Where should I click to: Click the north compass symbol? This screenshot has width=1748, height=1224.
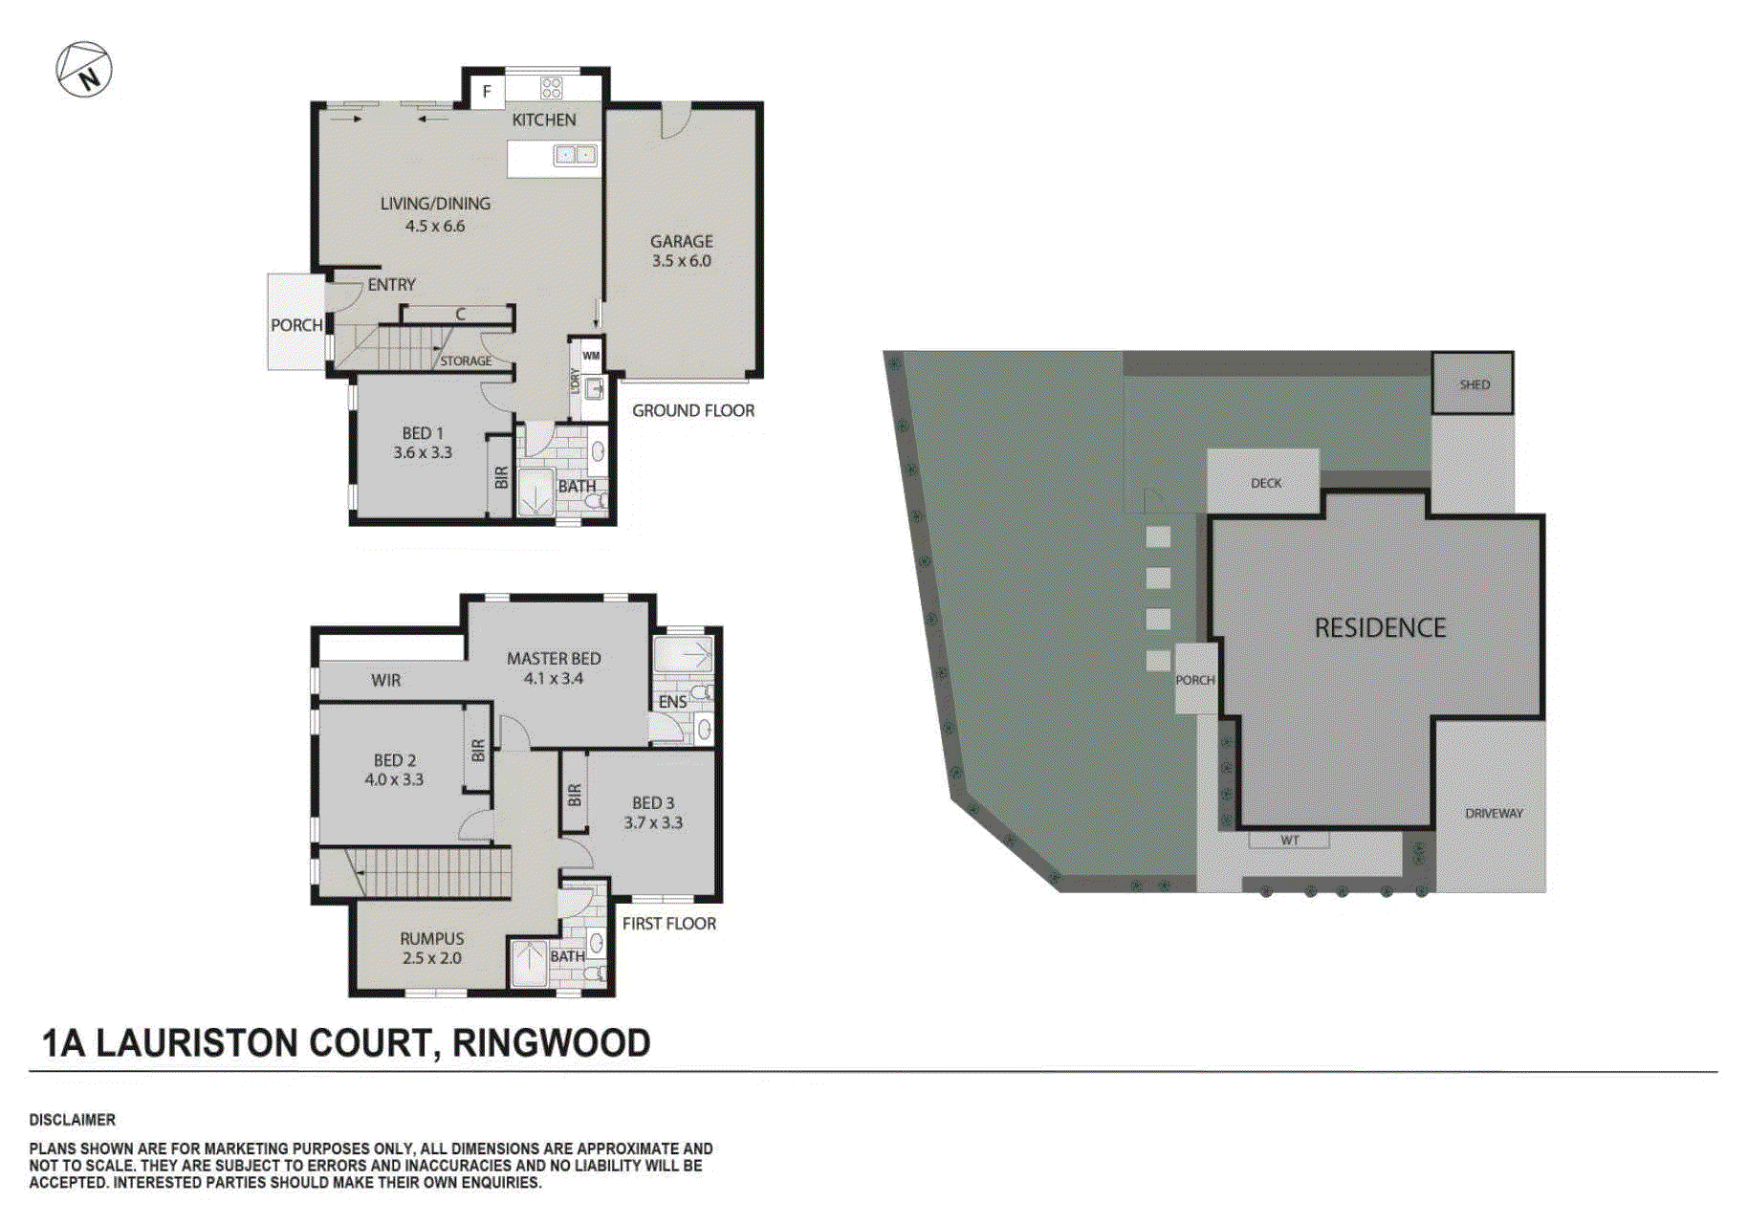84,70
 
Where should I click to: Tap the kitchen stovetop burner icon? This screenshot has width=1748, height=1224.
551,88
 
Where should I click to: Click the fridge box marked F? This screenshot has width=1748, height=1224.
487,92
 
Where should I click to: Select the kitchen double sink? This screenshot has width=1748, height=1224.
577,155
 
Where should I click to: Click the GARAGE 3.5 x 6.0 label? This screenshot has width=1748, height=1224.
681,251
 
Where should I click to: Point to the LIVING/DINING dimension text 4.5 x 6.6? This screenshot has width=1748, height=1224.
435,227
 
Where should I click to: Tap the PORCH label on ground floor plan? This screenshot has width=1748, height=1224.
296,325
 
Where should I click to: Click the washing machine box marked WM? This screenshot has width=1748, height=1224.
591,356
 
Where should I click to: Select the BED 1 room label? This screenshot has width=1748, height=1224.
423,433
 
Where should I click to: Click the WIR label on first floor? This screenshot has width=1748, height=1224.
386,680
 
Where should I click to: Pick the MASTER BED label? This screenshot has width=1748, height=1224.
554,658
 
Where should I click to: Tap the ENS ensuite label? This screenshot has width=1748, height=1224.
672,702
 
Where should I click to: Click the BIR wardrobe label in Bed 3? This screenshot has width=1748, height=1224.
575,795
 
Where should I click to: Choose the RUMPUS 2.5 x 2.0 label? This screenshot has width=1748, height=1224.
432,948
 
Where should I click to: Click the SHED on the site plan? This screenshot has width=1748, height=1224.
1474,383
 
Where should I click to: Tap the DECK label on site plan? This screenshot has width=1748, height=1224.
1265,483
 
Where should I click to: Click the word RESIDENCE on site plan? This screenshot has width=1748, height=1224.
1380,627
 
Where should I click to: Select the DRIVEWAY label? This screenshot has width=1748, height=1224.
1494,813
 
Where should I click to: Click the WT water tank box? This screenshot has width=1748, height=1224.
1289,841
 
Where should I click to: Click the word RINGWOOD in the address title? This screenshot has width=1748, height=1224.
551,1043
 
